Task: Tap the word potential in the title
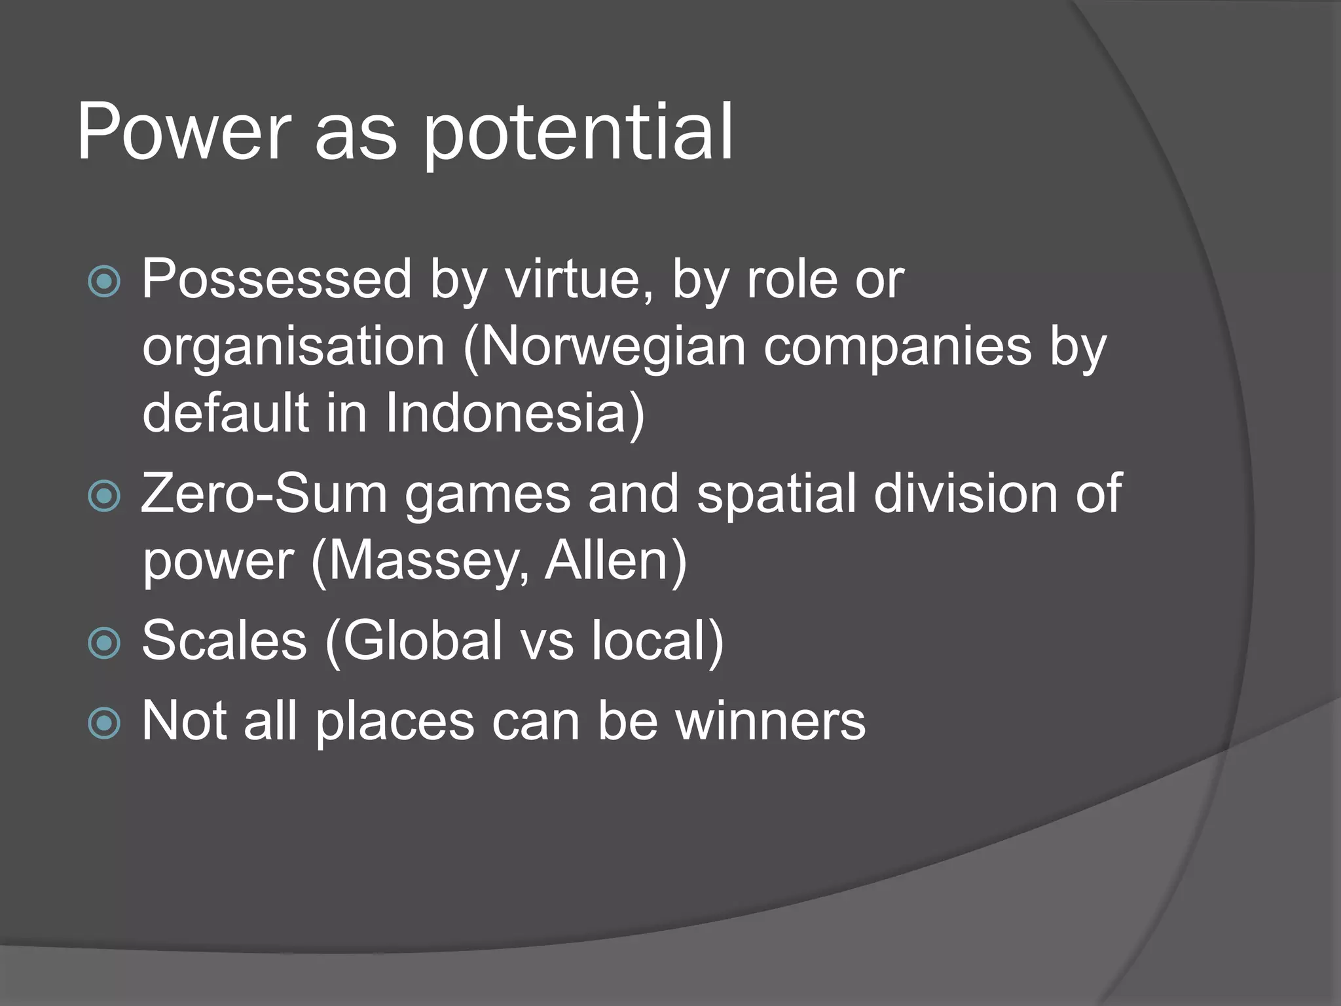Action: click(x=578, y=134)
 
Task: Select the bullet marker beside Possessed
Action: click(x=105, y=282)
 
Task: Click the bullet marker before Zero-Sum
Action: click(x=105, y=496)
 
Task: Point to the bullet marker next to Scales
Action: click(x=105, y=643)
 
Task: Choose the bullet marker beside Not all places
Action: click(x=105, y=723)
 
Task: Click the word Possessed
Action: click(x=277, y=280)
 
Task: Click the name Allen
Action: click(x=609, y=562)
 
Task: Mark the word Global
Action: click(x=422, y=641)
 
